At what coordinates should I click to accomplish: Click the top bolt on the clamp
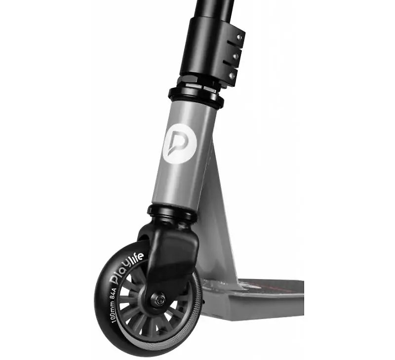pyautogui.click(x=239, y=37)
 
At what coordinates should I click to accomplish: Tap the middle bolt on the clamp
pyautogui.click(x=236, y=56)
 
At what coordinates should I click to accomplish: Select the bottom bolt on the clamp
pyautogui.click(x=232, y=75)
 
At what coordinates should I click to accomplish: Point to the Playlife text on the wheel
pyautogui.click(x=127, y=269)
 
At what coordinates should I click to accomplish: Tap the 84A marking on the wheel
pyautogui.click(x=113, y=293)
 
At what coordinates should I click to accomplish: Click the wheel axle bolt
pyautogui.click(x=158, y=300)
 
